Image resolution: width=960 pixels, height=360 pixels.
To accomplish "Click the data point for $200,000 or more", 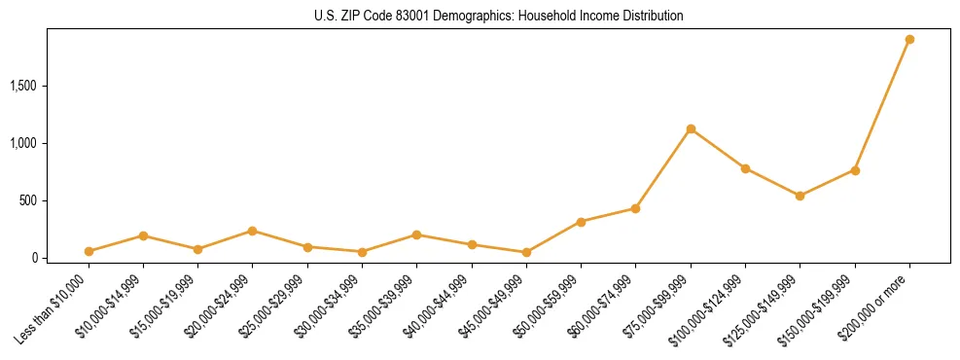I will point(909,40).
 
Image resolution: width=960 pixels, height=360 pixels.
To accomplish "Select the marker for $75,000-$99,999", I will point(691,129).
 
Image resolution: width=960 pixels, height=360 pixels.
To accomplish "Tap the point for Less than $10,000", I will point(89,251).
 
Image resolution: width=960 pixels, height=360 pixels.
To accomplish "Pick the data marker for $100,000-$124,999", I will point(745,168).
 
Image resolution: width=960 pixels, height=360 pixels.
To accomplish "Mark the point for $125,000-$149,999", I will point(800,196).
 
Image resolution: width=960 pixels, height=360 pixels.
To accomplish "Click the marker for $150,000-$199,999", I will point(855,170).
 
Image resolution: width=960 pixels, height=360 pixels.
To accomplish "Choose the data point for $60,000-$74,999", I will point(635,208).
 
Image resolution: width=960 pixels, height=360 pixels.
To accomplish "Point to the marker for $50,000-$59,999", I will point(581,222).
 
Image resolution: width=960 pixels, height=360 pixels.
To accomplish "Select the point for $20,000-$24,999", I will point(252,231).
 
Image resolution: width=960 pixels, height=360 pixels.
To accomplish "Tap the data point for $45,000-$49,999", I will point(526,252).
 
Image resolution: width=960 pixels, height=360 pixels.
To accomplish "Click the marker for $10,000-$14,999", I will point(143,235).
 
